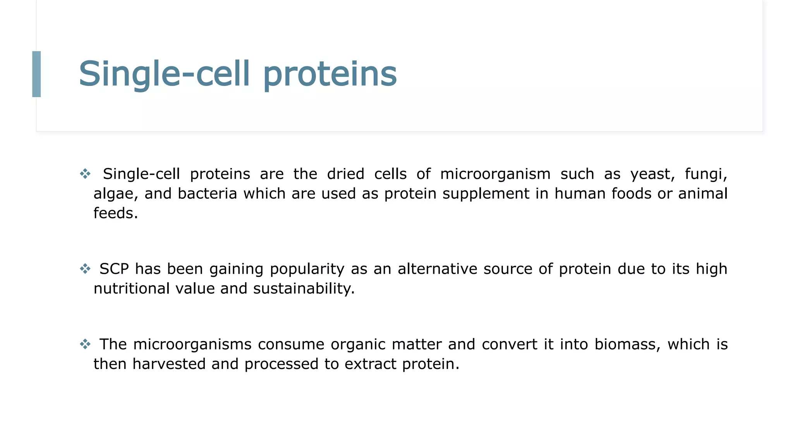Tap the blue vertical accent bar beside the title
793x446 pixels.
[x=36, y=74]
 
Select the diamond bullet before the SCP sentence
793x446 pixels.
[x=85, y=268]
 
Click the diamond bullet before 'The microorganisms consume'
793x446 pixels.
[x=85, y=344]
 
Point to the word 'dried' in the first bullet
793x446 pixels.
[x=345, y=174]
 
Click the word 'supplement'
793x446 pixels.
[x=486, y=194]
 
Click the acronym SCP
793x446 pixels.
[x=114, y=269]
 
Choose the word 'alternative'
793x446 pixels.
[x=437, y=269]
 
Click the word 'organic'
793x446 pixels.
[x=357, y=344]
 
